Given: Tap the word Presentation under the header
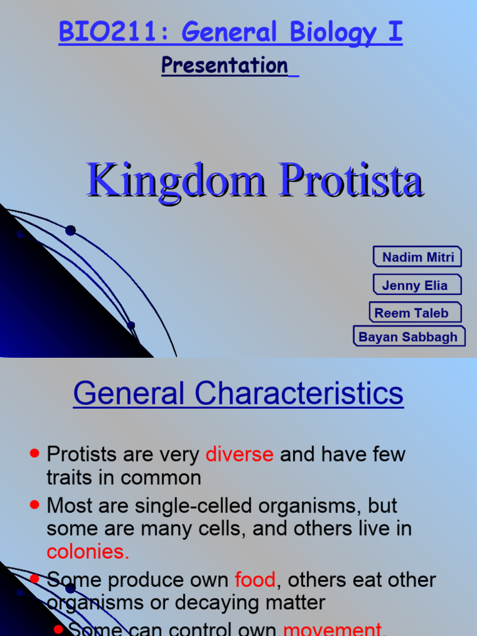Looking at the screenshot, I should pyautogui.click(x=224, y=65).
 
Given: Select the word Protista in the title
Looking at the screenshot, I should pyautogui.click(x=352, y=180).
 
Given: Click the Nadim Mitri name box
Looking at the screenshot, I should pyautogui.click(x=418, y=257).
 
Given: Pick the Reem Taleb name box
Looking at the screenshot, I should pyautogui.click(x=416, y=313).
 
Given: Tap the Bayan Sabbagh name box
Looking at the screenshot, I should pyautogui.click(x=409, y=337).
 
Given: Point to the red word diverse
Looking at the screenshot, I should pyautogui.click(x=239, y=454).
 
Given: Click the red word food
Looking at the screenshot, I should pyautogui.click(x=255, y=580).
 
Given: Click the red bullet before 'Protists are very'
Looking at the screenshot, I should pyautogui.click(x=35, y=453).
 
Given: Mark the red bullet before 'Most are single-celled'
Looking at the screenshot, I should pyautogui.click(x=35, y=506).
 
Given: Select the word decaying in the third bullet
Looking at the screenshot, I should pyautogui.click(x=224, y=602).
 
